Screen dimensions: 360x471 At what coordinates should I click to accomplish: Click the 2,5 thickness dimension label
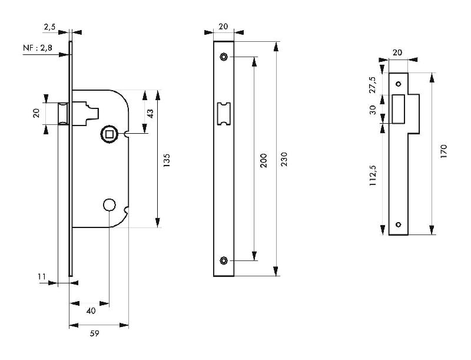coord(50,27)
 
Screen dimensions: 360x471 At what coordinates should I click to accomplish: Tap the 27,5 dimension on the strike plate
coord(372,83)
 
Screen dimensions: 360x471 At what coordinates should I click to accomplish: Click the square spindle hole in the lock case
coord(110,134)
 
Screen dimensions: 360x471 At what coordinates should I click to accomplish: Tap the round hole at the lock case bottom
coord(109,204)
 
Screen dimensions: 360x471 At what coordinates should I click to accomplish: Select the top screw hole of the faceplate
coord(224,57)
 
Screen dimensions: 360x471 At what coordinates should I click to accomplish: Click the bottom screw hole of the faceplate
coord(224,260)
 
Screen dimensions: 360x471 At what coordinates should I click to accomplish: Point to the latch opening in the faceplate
coord(224,113)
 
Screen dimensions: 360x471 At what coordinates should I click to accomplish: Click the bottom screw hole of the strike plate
coord(399,224)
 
